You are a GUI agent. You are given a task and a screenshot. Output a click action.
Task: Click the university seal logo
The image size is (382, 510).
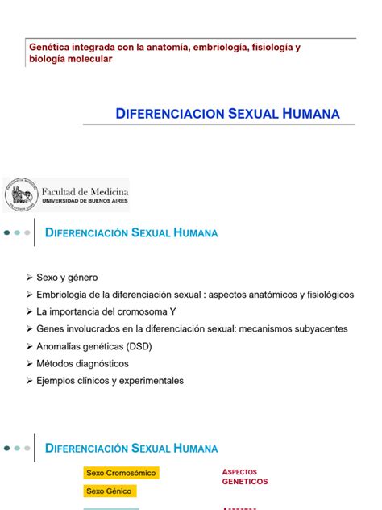click(x=22, y=196)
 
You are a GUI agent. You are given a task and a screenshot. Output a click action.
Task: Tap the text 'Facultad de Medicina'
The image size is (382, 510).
click(x=85, y=190)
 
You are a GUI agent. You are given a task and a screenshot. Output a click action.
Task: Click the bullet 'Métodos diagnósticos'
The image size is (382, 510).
click(x=82, y=364)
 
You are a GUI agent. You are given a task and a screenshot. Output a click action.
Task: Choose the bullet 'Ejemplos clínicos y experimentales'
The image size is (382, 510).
click(x=110, y=381)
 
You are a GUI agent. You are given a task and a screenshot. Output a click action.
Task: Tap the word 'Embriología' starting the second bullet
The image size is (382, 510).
click(x=64, y=295)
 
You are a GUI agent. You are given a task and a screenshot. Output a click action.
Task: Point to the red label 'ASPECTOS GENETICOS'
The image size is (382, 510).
click(x=244, y=476)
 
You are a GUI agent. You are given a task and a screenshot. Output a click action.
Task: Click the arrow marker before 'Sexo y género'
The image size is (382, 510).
click(x=30, y=278)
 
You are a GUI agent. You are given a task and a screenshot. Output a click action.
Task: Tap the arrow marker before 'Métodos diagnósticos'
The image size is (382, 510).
click(x=30, y=364)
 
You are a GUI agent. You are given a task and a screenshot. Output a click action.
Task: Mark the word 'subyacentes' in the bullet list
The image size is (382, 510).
click(x=320, y=329)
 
